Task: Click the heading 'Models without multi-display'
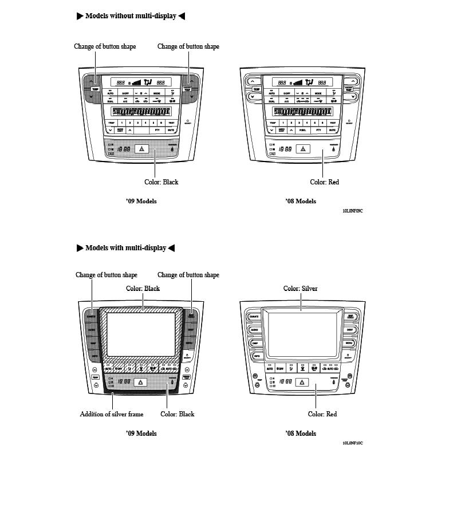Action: [x=131, y=16]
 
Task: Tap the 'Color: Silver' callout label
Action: [x=300, y=289]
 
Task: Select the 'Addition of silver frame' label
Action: [x=112, y=414]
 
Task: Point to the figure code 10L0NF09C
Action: [x=353, y=211]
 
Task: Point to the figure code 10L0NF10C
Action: [x=353, y=443]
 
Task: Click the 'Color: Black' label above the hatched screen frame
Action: [x=143, y=289]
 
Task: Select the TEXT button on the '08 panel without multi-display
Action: [x=332, y=123]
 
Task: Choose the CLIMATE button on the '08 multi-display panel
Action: [x=254, y=317]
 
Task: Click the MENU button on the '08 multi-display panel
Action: [x=349, y=343]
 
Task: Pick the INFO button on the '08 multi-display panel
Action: [x=255, y=356]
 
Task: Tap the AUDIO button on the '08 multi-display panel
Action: [x=254, y=330]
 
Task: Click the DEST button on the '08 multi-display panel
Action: [x=349, y=330]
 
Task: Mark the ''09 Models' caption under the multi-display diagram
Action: [x=141, y=434]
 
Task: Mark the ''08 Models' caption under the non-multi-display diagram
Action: [x=300, y=202]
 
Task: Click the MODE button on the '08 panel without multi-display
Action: [x=317, y=93]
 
